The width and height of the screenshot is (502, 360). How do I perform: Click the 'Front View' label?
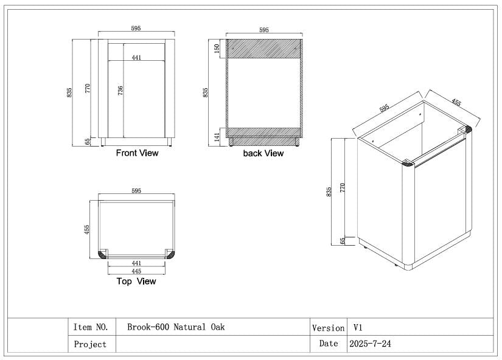point(137,153)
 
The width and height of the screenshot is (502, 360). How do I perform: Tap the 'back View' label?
point(263,153)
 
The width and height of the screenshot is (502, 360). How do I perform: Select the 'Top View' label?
point(136,282)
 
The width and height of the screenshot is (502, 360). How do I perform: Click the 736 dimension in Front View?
point(121,90)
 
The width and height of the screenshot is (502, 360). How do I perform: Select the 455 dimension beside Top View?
point(87,229)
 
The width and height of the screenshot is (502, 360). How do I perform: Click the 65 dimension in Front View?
point(88,142)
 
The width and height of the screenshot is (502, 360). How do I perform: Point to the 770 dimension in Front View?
point(88,88)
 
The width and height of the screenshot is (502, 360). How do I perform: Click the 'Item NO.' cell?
point(91,327)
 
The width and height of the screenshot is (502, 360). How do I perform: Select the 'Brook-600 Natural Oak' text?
point(176,327)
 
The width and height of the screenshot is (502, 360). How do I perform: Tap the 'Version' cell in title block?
point(328,328)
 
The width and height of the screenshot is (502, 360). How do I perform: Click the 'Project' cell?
point(90,344)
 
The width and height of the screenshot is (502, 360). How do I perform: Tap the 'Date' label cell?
point(328,344)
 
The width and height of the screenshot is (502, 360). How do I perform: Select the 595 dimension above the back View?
point(263,30)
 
